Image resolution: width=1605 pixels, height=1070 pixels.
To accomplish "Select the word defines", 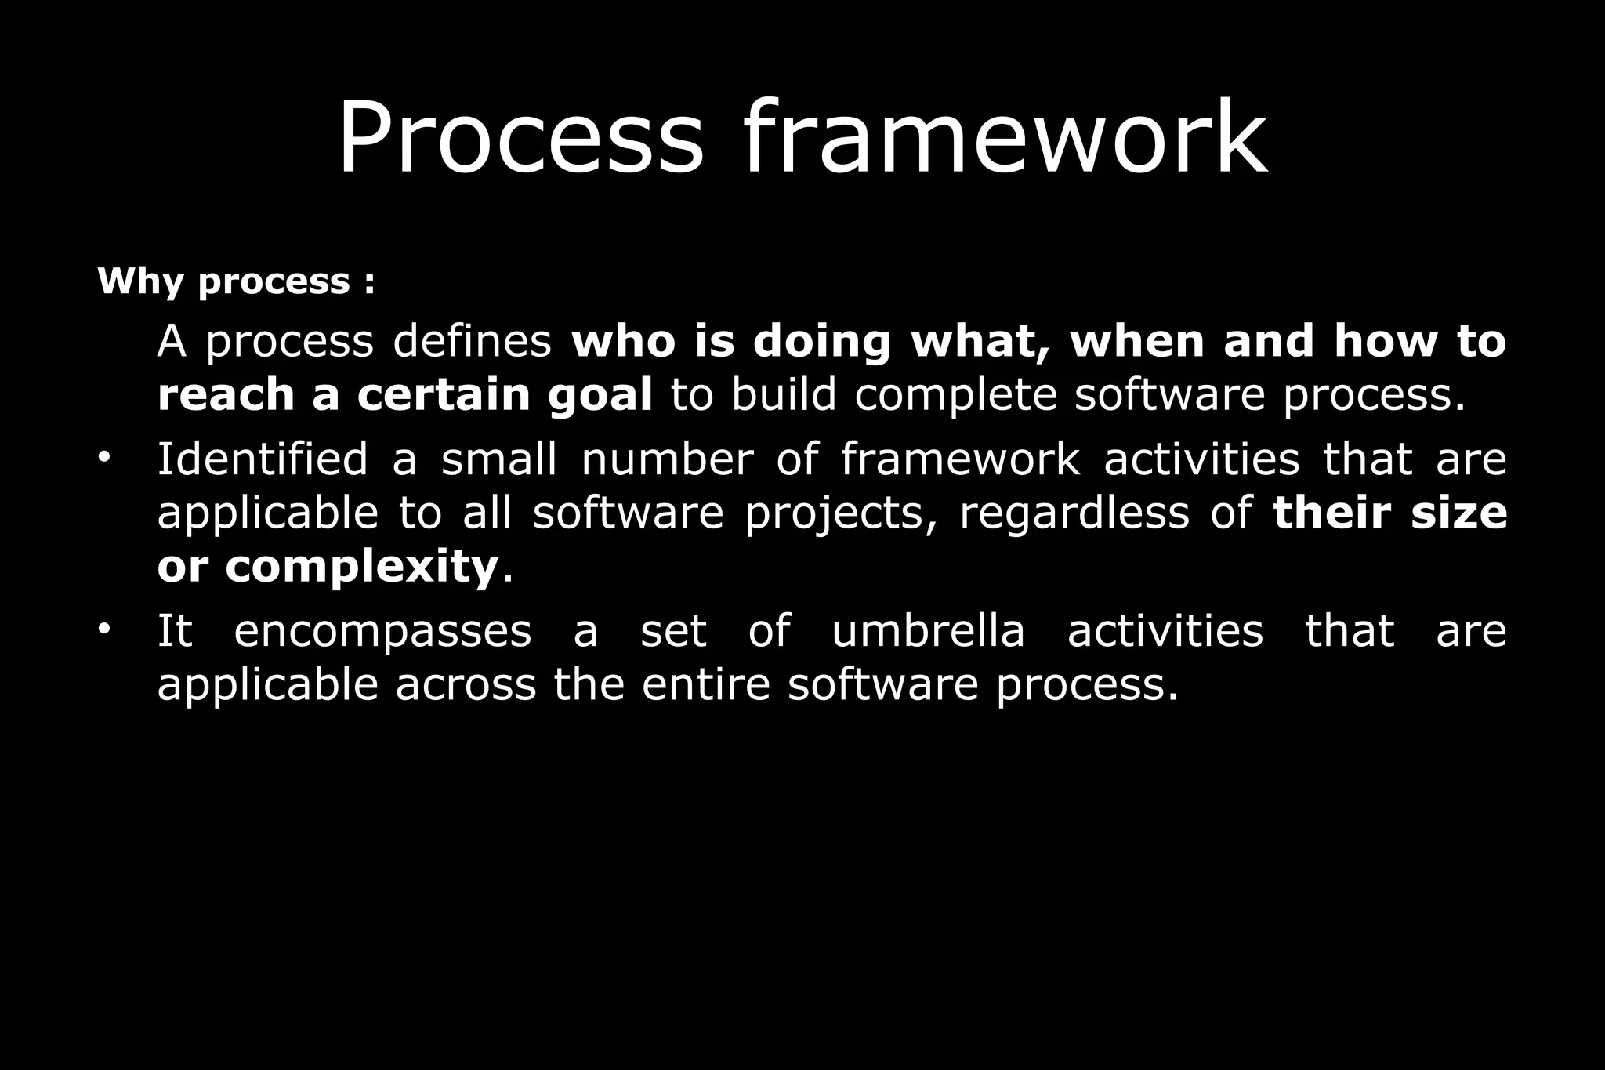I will (473, 342).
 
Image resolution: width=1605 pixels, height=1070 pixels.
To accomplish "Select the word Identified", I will (263, 459).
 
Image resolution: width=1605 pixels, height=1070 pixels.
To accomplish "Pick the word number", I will (667, 459).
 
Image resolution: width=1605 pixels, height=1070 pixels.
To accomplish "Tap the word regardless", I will (1074, 513).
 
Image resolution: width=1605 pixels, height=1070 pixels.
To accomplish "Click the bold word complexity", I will (362, 568).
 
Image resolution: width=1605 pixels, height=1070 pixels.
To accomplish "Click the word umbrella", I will (928, 630).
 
